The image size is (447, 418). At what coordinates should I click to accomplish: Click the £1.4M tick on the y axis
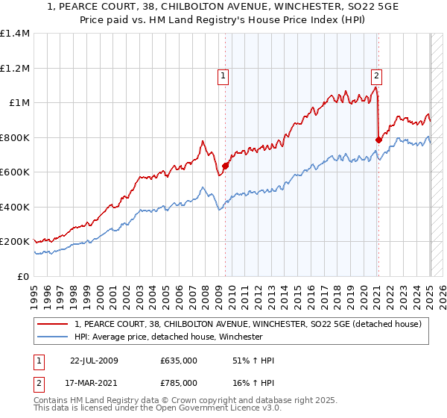coord(16,34)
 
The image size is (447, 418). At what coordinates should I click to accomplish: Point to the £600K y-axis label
coord(14,172)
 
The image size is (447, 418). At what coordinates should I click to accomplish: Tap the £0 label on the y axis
coord(22,276)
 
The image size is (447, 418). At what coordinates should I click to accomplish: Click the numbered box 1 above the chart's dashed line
coord(223,75)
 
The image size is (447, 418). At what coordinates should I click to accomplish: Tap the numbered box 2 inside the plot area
coord(377,75)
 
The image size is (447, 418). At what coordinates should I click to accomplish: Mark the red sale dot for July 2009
coord(225,166)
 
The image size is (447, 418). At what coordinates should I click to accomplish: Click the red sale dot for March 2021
coord(378,140)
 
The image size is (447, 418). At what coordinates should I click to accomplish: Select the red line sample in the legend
coord(53,324)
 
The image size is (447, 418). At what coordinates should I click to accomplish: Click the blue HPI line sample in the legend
coord(53,337)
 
